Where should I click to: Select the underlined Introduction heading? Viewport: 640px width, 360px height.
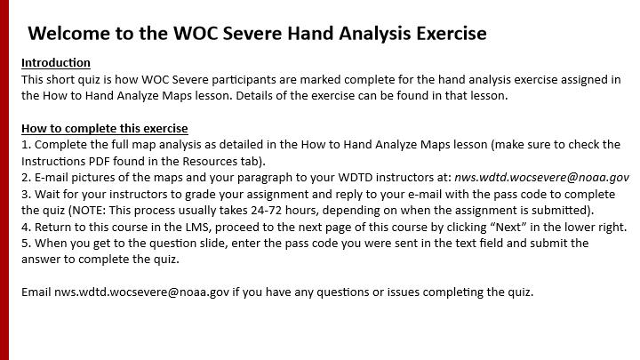tap(56, 63)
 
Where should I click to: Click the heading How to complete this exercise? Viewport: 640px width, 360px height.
tap(105, 129)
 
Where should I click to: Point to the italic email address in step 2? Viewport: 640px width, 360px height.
tap(542, 178)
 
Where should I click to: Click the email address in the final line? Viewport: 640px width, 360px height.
tap(141, 292)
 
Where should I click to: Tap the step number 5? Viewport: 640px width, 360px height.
tap(24, 244)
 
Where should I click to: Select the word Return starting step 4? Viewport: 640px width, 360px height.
tap(48, 227)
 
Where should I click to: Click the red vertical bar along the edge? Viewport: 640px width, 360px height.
tap(4, 180)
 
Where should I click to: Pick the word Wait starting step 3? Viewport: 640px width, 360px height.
tap(45, 195)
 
